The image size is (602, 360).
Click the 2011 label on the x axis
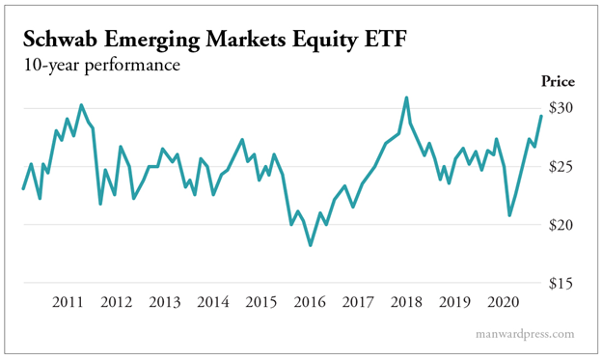[68, 302]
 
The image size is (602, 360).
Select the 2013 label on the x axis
[164, 302]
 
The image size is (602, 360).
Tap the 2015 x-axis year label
[260, 302]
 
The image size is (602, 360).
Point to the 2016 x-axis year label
[309, 302]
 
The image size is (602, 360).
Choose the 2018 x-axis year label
[405, 302]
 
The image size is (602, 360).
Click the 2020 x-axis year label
[502, 302]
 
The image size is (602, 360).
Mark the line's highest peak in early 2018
[406, 97]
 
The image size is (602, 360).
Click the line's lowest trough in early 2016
[310, 245]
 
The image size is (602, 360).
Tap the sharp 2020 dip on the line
[510, 214]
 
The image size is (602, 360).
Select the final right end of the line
[541, 116]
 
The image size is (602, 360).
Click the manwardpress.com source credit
[524, 334]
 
